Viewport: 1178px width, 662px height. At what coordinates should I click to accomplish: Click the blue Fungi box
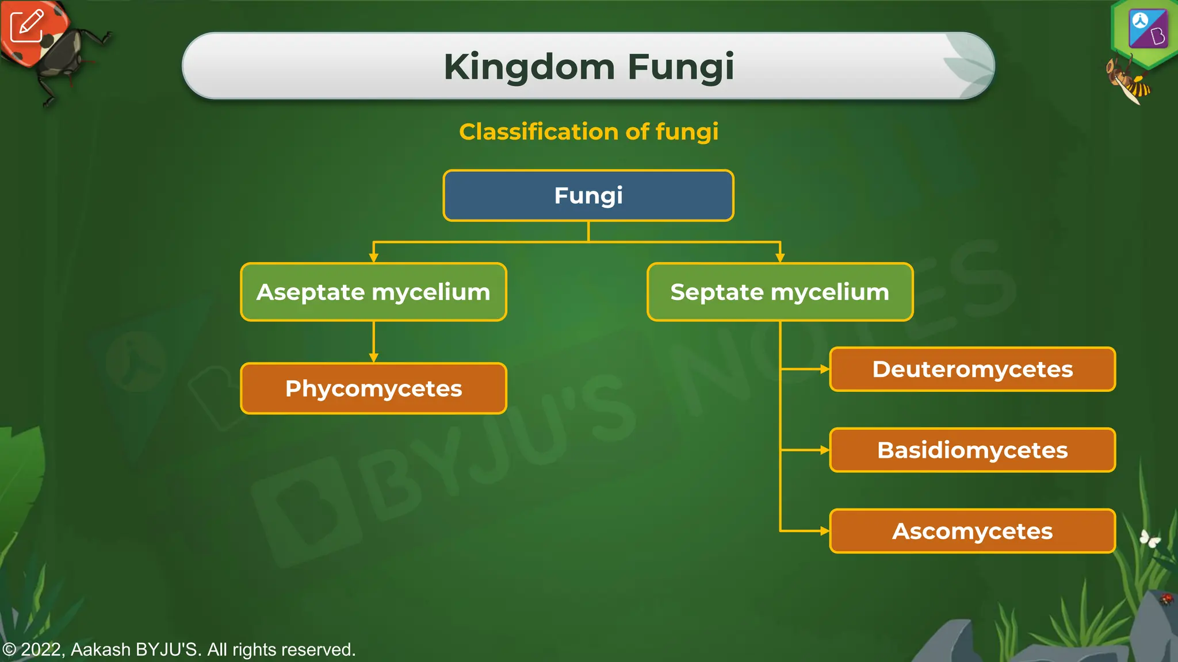(588, 195)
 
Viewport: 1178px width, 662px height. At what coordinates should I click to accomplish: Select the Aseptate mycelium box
(373, 292)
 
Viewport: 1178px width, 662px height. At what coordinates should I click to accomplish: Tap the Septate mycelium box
(779, 292)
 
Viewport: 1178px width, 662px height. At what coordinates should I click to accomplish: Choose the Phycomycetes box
(373, 388)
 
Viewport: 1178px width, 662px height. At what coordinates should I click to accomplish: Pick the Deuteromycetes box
(972, 369)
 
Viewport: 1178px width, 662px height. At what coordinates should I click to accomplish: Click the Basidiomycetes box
(972, 450)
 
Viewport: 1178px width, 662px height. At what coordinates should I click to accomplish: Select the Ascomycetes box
(972, 531)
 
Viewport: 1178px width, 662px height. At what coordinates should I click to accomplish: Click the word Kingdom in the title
(529, 67)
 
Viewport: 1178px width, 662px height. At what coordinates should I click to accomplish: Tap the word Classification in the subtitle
(538, 132)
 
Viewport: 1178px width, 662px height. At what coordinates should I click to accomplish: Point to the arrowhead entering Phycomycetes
(373, 358)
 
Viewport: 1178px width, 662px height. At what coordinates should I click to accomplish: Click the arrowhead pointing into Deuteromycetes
(824, 369)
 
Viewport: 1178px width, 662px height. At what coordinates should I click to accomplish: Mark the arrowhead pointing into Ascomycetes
(824, 531)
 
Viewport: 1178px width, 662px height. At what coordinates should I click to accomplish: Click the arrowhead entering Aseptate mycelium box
(373, 259)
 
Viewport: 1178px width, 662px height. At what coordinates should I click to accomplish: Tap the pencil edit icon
(26, 25)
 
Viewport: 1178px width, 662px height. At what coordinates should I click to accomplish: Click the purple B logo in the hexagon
(1148, 29)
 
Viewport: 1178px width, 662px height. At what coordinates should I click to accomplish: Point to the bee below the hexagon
(1129, 80)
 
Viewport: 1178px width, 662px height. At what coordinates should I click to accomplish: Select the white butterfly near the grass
(1150, 539)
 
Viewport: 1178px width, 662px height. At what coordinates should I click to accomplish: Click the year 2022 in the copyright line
(42, 649)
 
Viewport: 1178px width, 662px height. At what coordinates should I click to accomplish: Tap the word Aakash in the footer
(101, 649)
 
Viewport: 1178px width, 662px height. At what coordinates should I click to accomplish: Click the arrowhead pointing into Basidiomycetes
(824, 450)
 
